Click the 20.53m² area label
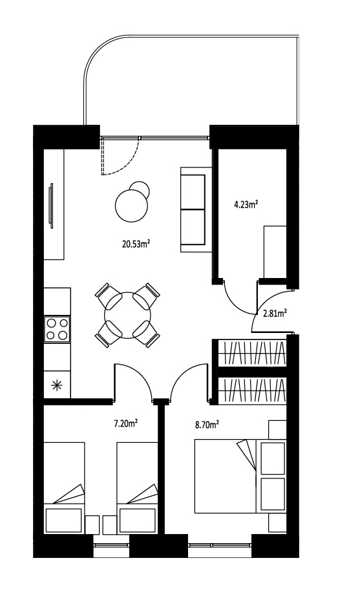click(x=136, y=244)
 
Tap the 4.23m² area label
click(x=247, y=204)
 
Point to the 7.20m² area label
click(x=127, y=423)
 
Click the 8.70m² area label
click(x=206, y=425)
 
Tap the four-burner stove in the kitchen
click(x=57, y=328)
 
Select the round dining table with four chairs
click(x=127, y=315)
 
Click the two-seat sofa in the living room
click(x=196, y=209)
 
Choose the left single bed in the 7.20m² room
click(x=64, y=488)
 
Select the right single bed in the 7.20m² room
click(x=137, y=488)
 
